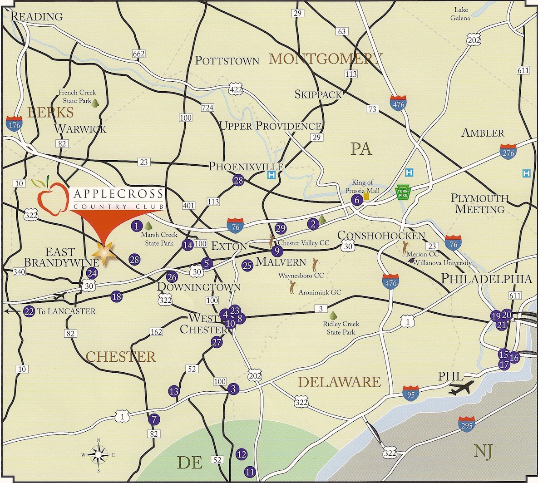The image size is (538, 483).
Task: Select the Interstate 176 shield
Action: coord(14,123)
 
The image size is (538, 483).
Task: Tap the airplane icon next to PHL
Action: coord(460,388)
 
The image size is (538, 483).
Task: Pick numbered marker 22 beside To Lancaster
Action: coord(29,311)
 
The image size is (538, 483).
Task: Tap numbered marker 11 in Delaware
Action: coord(249,472)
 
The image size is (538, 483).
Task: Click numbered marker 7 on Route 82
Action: coord(154,420)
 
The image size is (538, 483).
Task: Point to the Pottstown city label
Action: coord(227,60)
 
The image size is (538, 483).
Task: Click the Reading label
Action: coord(36,17)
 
